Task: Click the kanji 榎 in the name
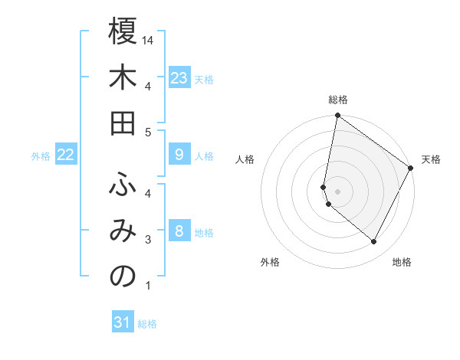point(123,32)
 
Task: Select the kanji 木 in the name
point(123,79)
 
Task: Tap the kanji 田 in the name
point(123,126)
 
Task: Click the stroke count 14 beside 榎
point(149,40)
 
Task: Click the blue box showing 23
point(179,78)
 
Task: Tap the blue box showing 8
point(179,231)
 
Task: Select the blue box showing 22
point(65,155)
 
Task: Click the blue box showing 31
point(123,323)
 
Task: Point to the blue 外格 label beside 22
point(41,156)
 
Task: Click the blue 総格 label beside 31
point(147,324)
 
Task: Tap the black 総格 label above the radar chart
point(337,100)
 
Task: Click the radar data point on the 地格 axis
point(373,242)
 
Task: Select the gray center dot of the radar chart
point(337,191)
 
